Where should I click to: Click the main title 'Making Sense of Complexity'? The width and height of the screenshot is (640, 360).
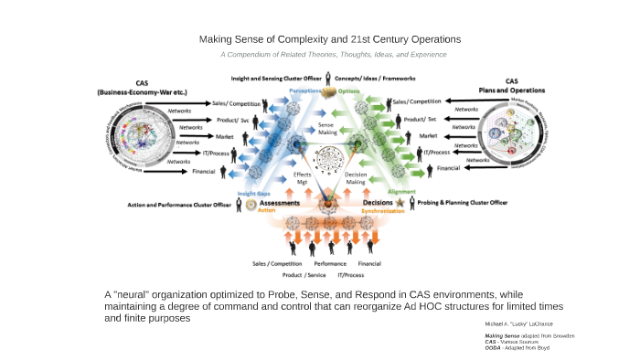pyautogui.click(x=329, y=39)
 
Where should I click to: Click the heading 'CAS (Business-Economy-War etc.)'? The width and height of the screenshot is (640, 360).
pyautogui.click(x=142, y=88)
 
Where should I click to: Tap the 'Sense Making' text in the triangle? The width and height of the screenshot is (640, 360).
pyautogui.click(x=326, y=127)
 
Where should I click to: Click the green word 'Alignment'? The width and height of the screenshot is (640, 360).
pyautogui.click(x=401, y=192)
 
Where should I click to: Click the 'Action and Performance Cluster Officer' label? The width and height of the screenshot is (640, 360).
pyautogui.click(x=178, y=205)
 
